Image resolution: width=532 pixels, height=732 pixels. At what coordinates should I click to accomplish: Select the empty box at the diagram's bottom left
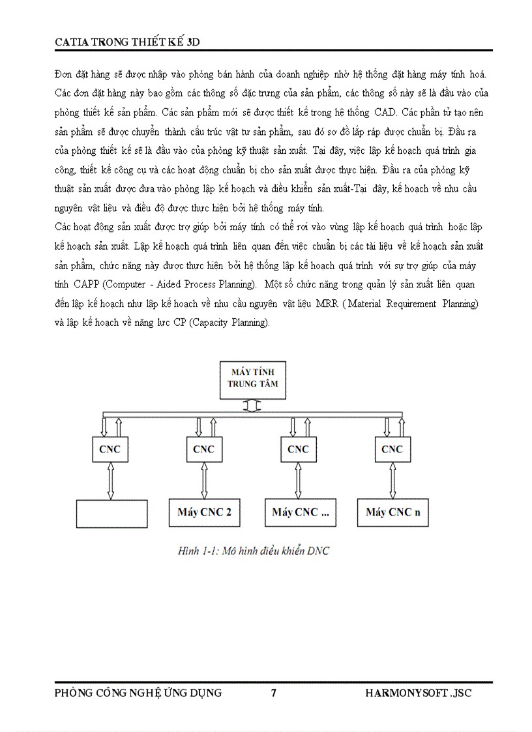tap(112, 513)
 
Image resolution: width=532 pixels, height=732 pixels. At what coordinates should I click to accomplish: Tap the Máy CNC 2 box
tap(204, 512)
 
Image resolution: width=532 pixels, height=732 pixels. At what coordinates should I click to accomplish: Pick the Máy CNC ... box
tap(300, 512)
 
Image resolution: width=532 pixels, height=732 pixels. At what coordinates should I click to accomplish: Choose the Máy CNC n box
tap(392, 512)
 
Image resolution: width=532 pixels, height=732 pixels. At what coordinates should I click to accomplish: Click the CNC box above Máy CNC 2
tap(203, 449)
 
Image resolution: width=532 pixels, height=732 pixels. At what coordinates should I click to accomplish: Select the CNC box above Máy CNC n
tap(392, 449)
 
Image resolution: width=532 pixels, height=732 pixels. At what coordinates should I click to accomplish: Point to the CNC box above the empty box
tap(110, 449)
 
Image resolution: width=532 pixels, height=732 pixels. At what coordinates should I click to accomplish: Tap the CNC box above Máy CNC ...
tap(298, 449)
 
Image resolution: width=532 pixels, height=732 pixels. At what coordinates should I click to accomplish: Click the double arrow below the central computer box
tap(252, 405)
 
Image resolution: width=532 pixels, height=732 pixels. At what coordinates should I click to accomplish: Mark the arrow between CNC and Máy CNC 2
tap(204, 481)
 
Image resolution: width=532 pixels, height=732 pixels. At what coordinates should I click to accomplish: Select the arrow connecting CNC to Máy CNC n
tap(392, 481)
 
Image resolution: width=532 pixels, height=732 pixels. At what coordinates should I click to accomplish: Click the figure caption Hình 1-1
tap(254, 551)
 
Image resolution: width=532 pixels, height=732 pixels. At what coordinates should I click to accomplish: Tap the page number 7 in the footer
tap(274, 693)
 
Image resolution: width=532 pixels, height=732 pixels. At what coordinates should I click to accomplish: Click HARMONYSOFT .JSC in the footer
tap(418, 693)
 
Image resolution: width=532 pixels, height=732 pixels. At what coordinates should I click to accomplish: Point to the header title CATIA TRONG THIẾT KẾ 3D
tap(127, 42)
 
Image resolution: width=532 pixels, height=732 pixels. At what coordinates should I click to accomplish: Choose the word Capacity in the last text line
tap(213, 322)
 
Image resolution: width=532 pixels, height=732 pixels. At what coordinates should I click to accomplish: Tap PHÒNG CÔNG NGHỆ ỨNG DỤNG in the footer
tap(138, 693)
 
